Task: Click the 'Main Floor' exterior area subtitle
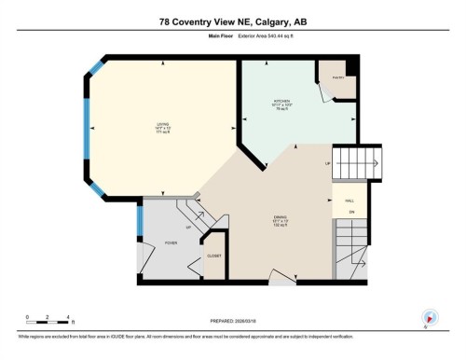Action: point(232,38)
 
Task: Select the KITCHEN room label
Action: point(282,102)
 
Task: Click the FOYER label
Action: point(171,242)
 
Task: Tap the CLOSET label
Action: point(213,255)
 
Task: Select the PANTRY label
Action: point(338,77)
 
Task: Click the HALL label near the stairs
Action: point(350,201)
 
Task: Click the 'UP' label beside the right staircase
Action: point(327,164)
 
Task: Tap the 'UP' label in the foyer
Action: point(188,227)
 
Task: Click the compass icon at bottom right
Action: point(430,317)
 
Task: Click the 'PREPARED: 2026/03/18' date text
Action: point(233,323)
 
